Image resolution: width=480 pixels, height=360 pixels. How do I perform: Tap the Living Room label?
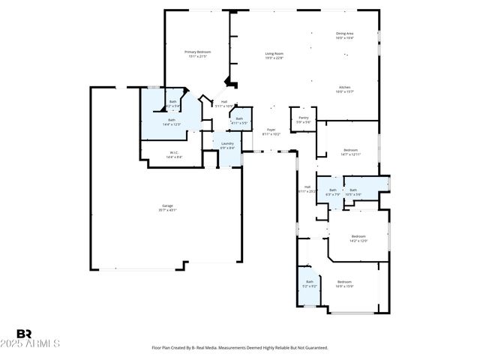point(274,55)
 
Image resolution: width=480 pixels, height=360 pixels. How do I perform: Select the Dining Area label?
point(344,35)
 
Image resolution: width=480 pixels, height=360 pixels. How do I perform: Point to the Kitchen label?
point(344,89)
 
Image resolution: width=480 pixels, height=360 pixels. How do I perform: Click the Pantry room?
point(304,120)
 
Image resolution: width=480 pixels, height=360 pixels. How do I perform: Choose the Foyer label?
point(271,132)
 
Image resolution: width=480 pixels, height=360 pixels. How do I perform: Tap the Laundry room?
point(227,145)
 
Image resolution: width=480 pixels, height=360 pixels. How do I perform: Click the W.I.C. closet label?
point(173,155)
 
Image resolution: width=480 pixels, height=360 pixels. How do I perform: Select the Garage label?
point(168,208)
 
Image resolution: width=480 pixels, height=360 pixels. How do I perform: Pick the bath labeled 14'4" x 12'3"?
point(172,122)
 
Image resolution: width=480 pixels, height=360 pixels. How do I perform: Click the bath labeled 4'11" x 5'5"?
point(239,121)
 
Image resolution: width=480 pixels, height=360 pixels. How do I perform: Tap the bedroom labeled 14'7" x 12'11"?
point(350,152)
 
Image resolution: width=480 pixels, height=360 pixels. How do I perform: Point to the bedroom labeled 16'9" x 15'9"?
point(344,283)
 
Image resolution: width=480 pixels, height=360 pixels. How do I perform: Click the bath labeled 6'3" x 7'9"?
point(333,192)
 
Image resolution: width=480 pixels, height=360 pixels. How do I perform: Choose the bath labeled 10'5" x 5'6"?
point(353,192)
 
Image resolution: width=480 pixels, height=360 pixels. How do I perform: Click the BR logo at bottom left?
point(25,334)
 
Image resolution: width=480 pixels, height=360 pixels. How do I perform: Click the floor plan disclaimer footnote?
point(239,347)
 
